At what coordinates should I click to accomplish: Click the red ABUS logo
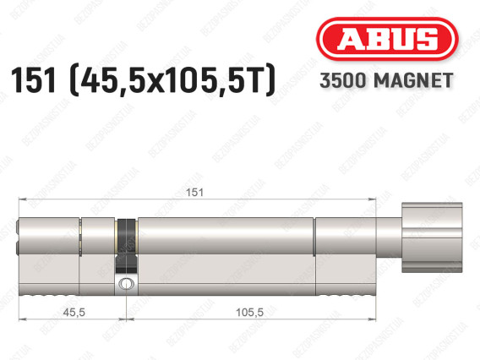[387, 39]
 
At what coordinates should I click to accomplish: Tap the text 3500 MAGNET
[386, 80]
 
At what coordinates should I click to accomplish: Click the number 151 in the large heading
[33, 80]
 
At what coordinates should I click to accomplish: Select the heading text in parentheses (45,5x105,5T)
[173, 80]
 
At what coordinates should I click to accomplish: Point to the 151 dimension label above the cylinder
[194, 192]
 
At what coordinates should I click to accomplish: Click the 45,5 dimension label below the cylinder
[74, 312]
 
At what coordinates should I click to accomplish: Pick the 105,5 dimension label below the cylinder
[249, 312]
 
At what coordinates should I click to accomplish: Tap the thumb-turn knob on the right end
[432, 237]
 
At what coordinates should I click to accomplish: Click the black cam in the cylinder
[127, 246]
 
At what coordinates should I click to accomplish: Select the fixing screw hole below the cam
[126, 283]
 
